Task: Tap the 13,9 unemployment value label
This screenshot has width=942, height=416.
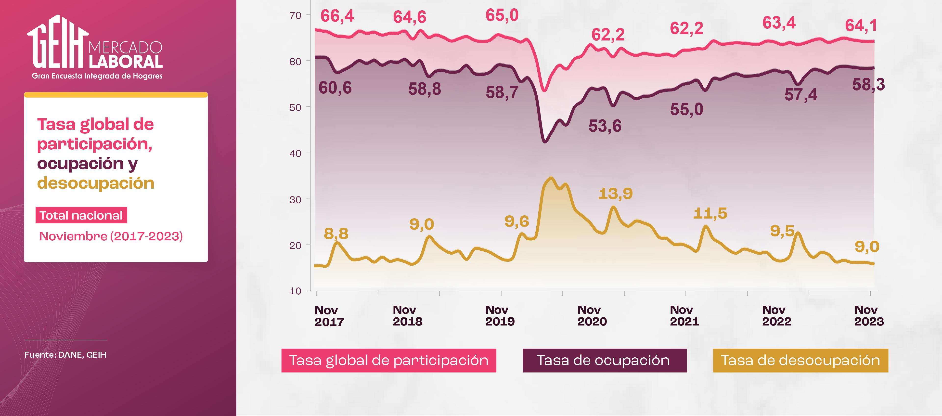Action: (x=615, y=194)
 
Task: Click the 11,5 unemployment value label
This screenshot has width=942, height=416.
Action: (x=710, y=213)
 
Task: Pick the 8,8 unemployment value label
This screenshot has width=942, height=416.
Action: (x=336, y=234)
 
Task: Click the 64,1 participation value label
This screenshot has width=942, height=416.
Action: (x=861, y=26)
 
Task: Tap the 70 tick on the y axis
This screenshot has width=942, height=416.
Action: (x=295, y=15)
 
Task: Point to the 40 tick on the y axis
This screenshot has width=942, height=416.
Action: (x=295, y=153)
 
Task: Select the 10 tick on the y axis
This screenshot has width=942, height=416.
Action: (x=295, y=291)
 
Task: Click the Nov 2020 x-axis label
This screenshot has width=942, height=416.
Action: (x=592, y=316)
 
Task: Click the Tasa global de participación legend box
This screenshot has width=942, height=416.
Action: (x=388, y=360)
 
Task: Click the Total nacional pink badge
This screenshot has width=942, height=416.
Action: (x=81, y=215)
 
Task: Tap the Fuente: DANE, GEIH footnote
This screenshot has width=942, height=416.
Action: (x=65, y=354)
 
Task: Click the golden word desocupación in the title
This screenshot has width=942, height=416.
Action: (x=96, y=183)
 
